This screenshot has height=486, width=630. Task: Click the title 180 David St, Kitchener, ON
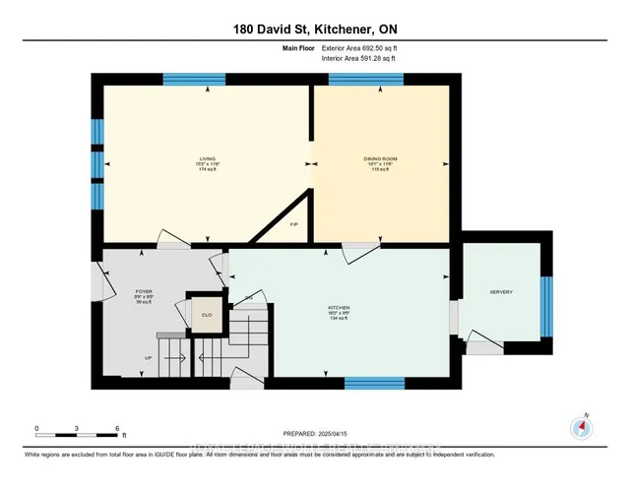tap(315, 30)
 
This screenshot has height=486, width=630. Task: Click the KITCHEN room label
tap(340, 307)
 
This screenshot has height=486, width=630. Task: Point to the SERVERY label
tap(501, 292)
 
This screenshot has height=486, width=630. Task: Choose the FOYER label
tap(144, 292)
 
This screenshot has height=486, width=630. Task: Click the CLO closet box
tap(207, 315)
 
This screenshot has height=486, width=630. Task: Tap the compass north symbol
tap(582, 427)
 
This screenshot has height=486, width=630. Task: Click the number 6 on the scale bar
tap(117, 430)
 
